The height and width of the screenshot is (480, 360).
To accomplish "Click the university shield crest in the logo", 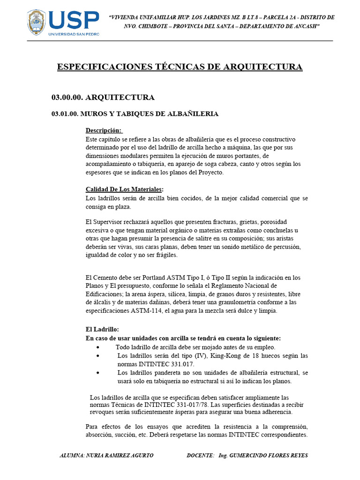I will (x=36, y=22).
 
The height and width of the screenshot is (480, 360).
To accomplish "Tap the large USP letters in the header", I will (x=74, y=21).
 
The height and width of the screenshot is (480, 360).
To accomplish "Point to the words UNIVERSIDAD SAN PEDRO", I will (x=74, y=35).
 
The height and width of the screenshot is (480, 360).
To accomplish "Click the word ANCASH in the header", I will (x=305, y=26).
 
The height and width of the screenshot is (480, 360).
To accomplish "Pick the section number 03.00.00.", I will (x=67, y=97).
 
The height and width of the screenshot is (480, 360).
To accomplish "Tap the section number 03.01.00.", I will (x=64, y=114).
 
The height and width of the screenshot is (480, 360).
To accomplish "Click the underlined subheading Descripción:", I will (x=104, y=130).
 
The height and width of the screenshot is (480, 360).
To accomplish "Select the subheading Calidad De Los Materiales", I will (x=124, y=189).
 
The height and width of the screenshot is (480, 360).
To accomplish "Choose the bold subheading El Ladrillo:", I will (x=103, y=330).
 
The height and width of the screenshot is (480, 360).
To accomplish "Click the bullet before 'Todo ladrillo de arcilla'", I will (x=97, y=347).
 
